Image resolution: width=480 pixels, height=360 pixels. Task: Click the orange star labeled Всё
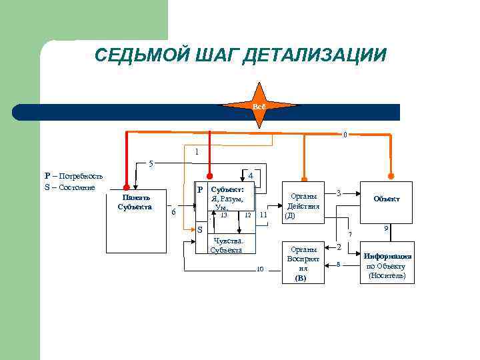coord(259,107)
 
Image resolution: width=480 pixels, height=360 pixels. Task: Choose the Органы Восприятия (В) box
coord(303,263)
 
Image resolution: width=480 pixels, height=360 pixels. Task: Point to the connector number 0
coord(345,135)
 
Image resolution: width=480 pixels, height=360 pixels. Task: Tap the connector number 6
coord(173,212)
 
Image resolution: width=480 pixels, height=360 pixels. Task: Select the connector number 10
coord(261,269)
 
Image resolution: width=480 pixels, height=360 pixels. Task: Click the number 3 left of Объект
coord(339,193)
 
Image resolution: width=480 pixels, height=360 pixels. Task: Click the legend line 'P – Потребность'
coord(73,176)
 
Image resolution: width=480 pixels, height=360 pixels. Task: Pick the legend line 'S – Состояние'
coord(69,187)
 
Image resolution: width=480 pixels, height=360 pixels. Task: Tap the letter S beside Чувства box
coord(199,230)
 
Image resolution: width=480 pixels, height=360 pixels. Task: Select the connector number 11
coord(263,215)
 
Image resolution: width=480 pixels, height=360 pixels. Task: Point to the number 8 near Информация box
coord(338,264)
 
